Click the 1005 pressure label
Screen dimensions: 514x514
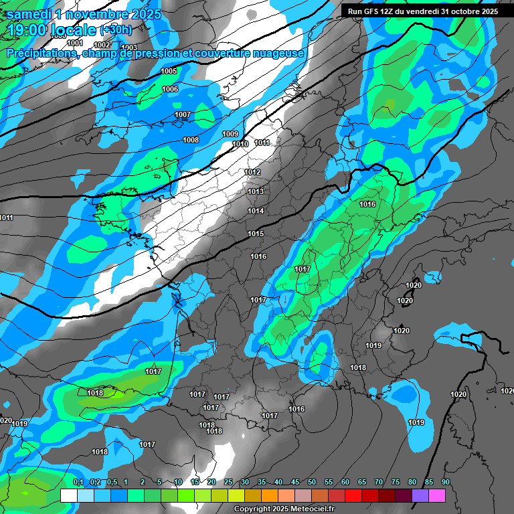169,71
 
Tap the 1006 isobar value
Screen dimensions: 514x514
170,89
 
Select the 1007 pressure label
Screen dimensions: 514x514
183,114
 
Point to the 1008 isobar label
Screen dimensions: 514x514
191,140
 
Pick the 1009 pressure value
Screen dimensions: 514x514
230,135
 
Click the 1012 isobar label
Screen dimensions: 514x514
252,172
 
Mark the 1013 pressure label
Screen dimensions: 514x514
256,191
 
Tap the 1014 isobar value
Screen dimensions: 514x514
256,211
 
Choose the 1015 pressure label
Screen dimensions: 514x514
256,234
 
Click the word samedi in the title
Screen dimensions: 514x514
29,13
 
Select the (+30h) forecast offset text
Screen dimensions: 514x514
115,30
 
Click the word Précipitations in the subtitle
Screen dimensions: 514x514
40,53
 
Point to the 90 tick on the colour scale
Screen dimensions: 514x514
445,482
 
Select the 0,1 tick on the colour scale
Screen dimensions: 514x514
78,482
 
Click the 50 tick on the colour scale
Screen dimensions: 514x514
312,482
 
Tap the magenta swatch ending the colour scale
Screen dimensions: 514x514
437,495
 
